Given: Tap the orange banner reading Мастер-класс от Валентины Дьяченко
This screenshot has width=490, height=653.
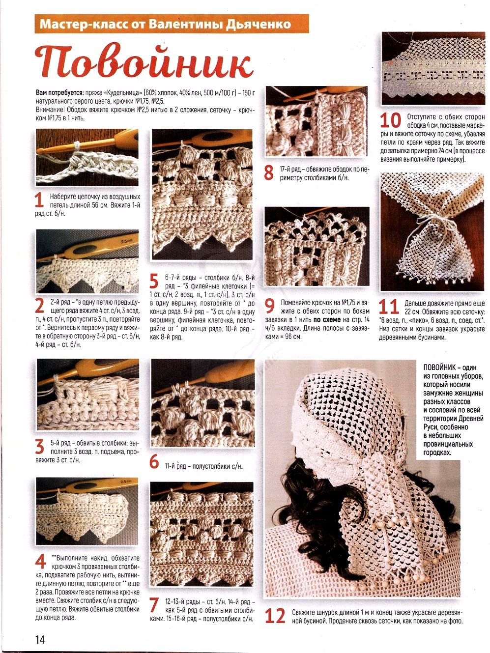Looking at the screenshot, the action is pyautogui.click(x=172, y=24).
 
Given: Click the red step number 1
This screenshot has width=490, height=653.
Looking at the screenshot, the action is pyautogui.click(x=39, y=200).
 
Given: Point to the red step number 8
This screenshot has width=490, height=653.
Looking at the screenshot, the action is pyautogui.click(x=269, y=173).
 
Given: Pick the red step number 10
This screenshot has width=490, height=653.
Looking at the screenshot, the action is pyautogui.click(x=391, y=121).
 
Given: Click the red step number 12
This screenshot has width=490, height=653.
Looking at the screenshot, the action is pyautogui.click(x=275, y=616).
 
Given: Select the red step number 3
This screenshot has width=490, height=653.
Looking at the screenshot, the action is pyautogui.click(x=40, y=446).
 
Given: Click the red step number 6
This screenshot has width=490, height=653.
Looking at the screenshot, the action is pyautogui.click(x=154, y=462).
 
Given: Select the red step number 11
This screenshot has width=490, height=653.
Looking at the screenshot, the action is pyautogui.click(x=389, y=307).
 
